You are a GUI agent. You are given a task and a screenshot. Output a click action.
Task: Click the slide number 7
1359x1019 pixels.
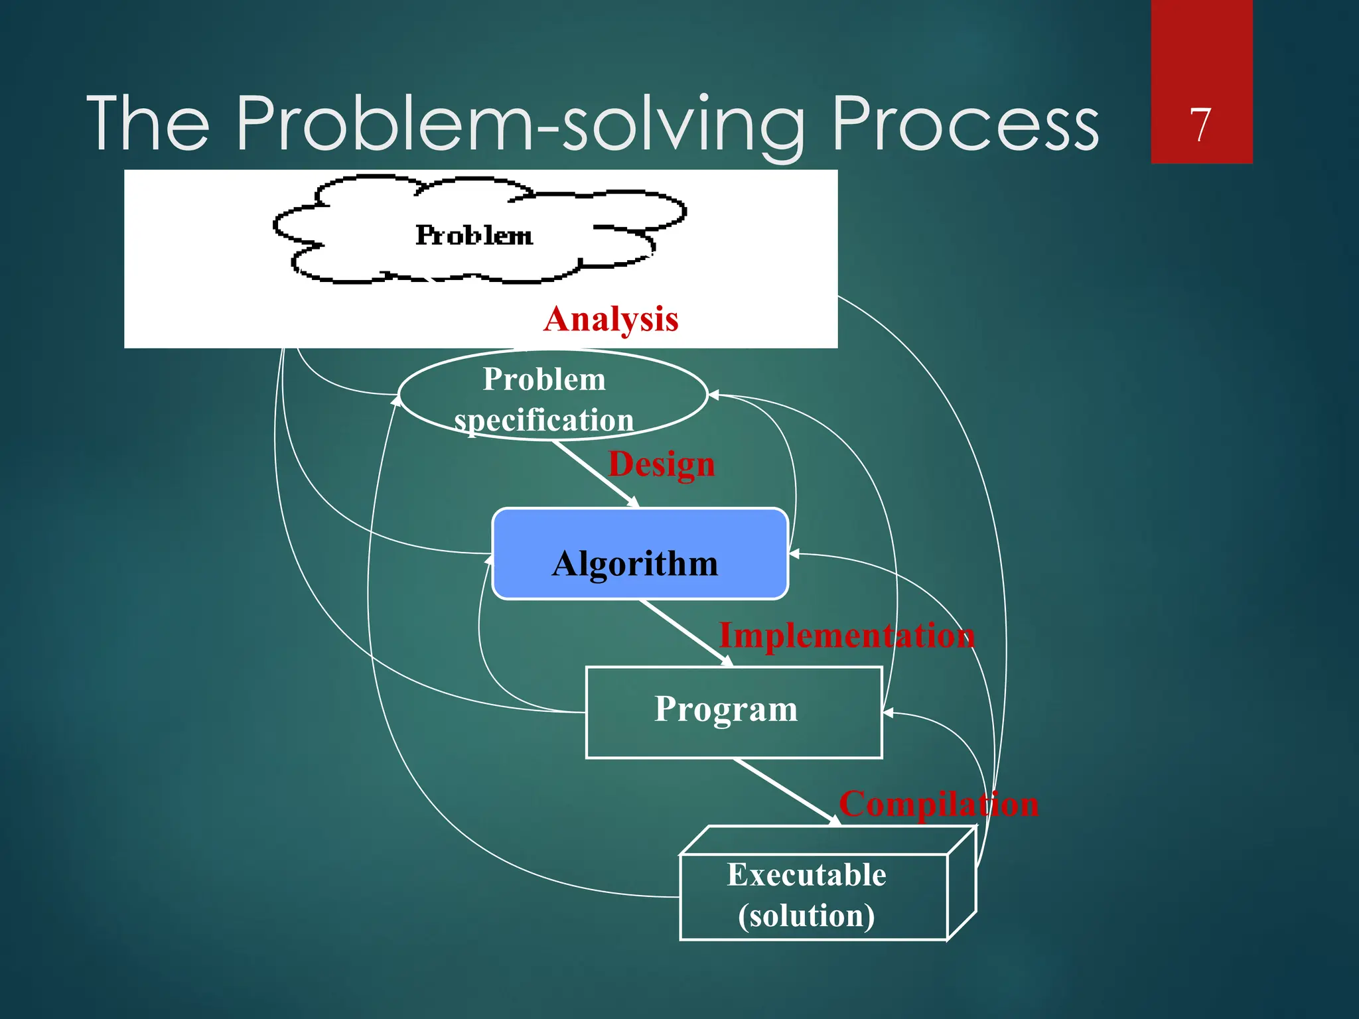tap(1200, 125)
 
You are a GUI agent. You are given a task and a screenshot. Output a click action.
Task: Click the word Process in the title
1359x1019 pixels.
tap(965, 123)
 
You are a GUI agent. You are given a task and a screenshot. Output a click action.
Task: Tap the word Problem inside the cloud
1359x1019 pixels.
tap(474, 236)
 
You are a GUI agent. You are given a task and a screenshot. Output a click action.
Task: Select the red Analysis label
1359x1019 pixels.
tap(611, 319)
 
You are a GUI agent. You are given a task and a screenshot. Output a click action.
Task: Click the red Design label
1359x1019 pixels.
tap(662, 464)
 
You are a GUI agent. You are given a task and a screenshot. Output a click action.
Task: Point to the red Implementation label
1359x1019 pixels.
tap(847, 636)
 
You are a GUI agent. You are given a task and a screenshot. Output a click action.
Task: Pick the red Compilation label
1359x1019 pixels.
tap(938, 804)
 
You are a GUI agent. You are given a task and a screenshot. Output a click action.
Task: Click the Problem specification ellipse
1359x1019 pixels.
tap(552, 395)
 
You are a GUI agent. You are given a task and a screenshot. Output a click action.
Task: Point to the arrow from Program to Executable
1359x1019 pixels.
tap(787, 792)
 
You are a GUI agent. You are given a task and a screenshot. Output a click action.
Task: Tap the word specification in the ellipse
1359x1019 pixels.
tap(544, 421)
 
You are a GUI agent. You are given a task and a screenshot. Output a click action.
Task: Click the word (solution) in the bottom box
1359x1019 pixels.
tap(806, 916)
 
